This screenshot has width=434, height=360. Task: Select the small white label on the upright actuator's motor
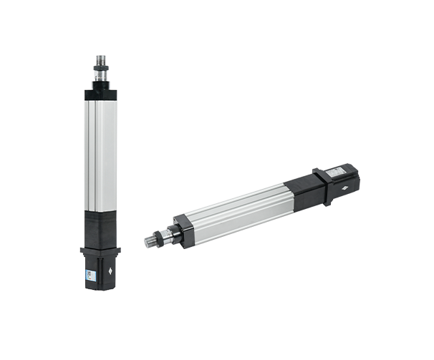click(x=89, y=273)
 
